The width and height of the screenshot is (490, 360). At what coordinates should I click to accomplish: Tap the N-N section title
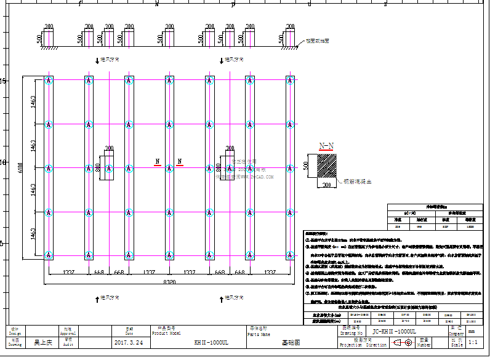327,146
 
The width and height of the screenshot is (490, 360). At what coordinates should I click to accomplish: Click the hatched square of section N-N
327,166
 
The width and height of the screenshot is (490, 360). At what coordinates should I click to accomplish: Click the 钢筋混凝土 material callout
357,182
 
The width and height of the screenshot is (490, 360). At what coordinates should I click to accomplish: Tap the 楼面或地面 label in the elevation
318,41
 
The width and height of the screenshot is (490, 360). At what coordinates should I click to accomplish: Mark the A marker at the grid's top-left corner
48,81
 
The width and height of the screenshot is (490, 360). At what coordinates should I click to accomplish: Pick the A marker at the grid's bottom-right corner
289,254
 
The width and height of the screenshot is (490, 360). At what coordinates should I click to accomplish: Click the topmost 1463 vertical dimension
33,102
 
